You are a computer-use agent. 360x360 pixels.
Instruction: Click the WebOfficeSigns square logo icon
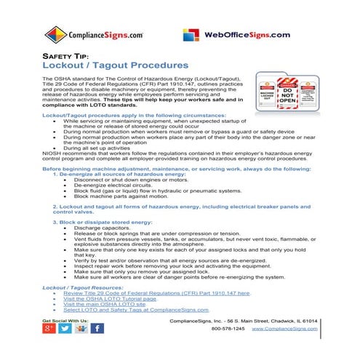[191, 35]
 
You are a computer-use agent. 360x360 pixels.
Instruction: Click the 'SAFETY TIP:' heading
[65, 56]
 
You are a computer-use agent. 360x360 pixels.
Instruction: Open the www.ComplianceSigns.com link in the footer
[284, 329]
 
